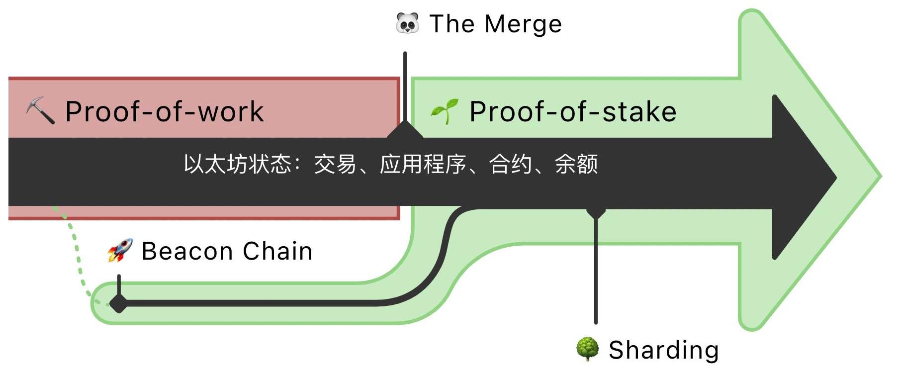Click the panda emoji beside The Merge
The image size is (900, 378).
coord(407,23)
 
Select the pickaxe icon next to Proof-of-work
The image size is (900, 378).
coord(40,110)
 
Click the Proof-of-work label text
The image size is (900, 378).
coord(165,111)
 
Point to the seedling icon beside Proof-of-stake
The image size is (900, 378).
coord(445,111)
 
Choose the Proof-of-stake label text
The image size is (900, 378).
coord(573,111)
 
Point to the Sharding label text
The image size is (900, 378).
coord(663,350)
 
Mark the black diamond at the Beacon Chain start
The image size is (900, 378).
coord(118,302)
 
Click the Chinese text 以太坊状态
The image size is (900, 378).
coord(237,164)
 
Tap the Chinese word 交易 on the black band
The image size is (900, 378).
coord(335,164)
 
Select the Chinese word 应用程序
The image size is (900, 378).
coord(423,164)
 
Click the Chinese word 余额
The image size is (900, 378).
coord(576,164)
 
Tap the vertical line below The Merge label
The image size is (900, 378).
coord(405,85)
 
